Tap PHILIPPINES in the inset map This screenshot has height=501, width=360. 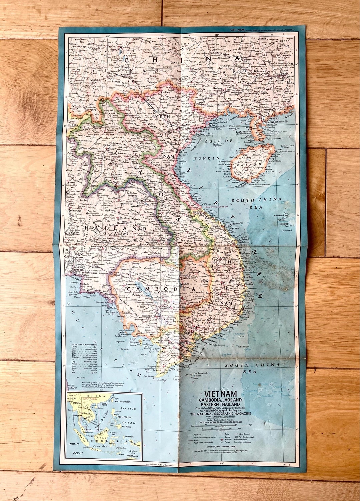pos(125,417)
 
